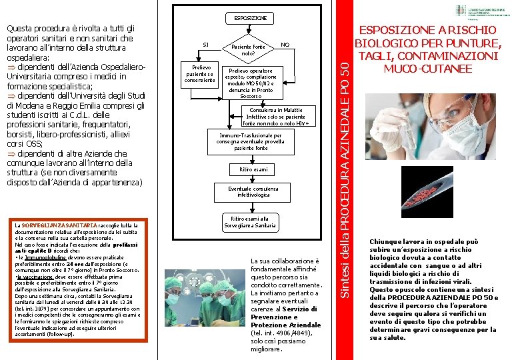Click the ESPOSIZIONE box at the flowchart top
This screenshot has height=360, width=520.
pyautogui.click(x=250, y=17)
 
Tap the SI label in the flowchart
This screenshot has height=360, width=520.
pyautogui.click(x=205, y=45)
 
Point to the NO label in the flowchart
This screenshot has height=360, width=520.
pyautogui.click(x=285, y=44)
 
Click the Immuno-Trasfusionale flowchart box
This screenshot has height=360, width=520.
pyautogui.click(x=250, y=141)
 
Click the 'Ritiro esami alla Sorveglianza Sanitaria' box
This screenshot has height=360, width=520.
pyautogui.click(x=249, y=222)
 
